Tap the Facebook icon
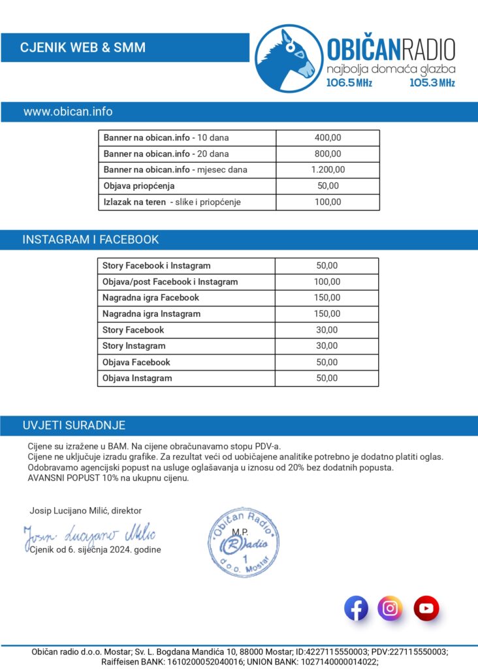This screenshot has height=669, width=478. point(356,609)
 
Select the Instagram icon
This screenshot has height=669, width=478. point(390,609)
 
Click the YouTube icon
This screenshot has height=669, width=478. point(426,609)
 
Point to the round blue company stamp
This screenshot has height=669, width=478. point(244,542)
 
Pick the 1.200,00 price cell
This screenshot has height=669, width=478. point(328,170)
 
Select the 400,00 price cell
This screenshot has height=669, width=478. point(328,138)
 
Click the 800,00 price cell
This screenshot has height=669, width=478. point(328,154)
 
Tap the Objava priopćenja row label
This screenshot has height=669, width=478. point(139,186)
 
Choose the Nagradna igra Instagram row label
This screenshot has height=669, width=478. point(151,314)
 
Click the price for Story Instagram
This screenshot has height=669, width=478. point(327,346)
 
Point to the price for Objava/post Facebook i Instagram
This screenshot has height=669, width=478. point(327,282)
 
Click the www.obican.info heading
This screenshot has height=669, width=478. point(68,112)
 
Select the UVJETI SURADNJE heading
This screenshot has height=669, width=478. point(74,425)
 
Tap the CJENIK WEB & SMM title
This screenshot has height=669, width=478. point(83,48)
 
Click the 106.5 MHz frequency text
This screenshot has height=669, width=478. point(349,83)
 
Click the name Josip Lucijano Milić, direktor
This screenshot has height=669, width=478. point(86,510)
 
